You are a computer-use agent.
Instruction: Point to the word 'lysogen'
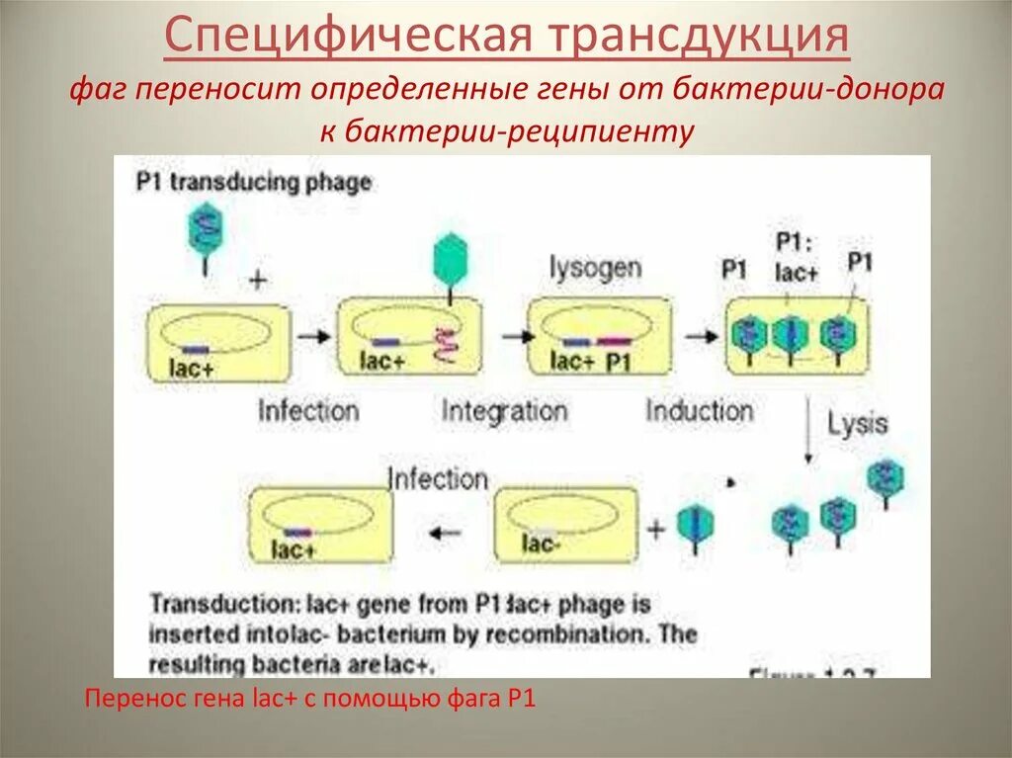pyautogui.click(x=596, y=267)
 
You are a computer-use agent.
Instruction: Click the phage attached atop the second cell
pyautogui.click(x=451, y=262)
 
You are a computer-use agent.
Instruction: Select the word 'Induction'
pyautogui.click(x=699, y=409)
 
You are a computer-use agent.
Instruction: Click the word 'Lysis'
pyautogui.click(x=858, y=425)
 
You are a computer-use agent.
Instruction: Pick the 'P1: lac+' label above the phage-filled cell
pyautogui.click(x=796, y=259)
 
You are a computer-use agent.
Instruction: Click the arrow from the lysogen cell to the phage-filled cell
pyautogui.click(x=701, y=336)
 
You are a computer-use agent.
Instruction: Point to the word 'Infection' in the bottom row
pyautogui.click(x=438, y=479)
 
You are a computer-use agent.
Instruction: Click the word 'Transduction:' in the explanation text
pyautogui.click(x=206, y=603)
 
